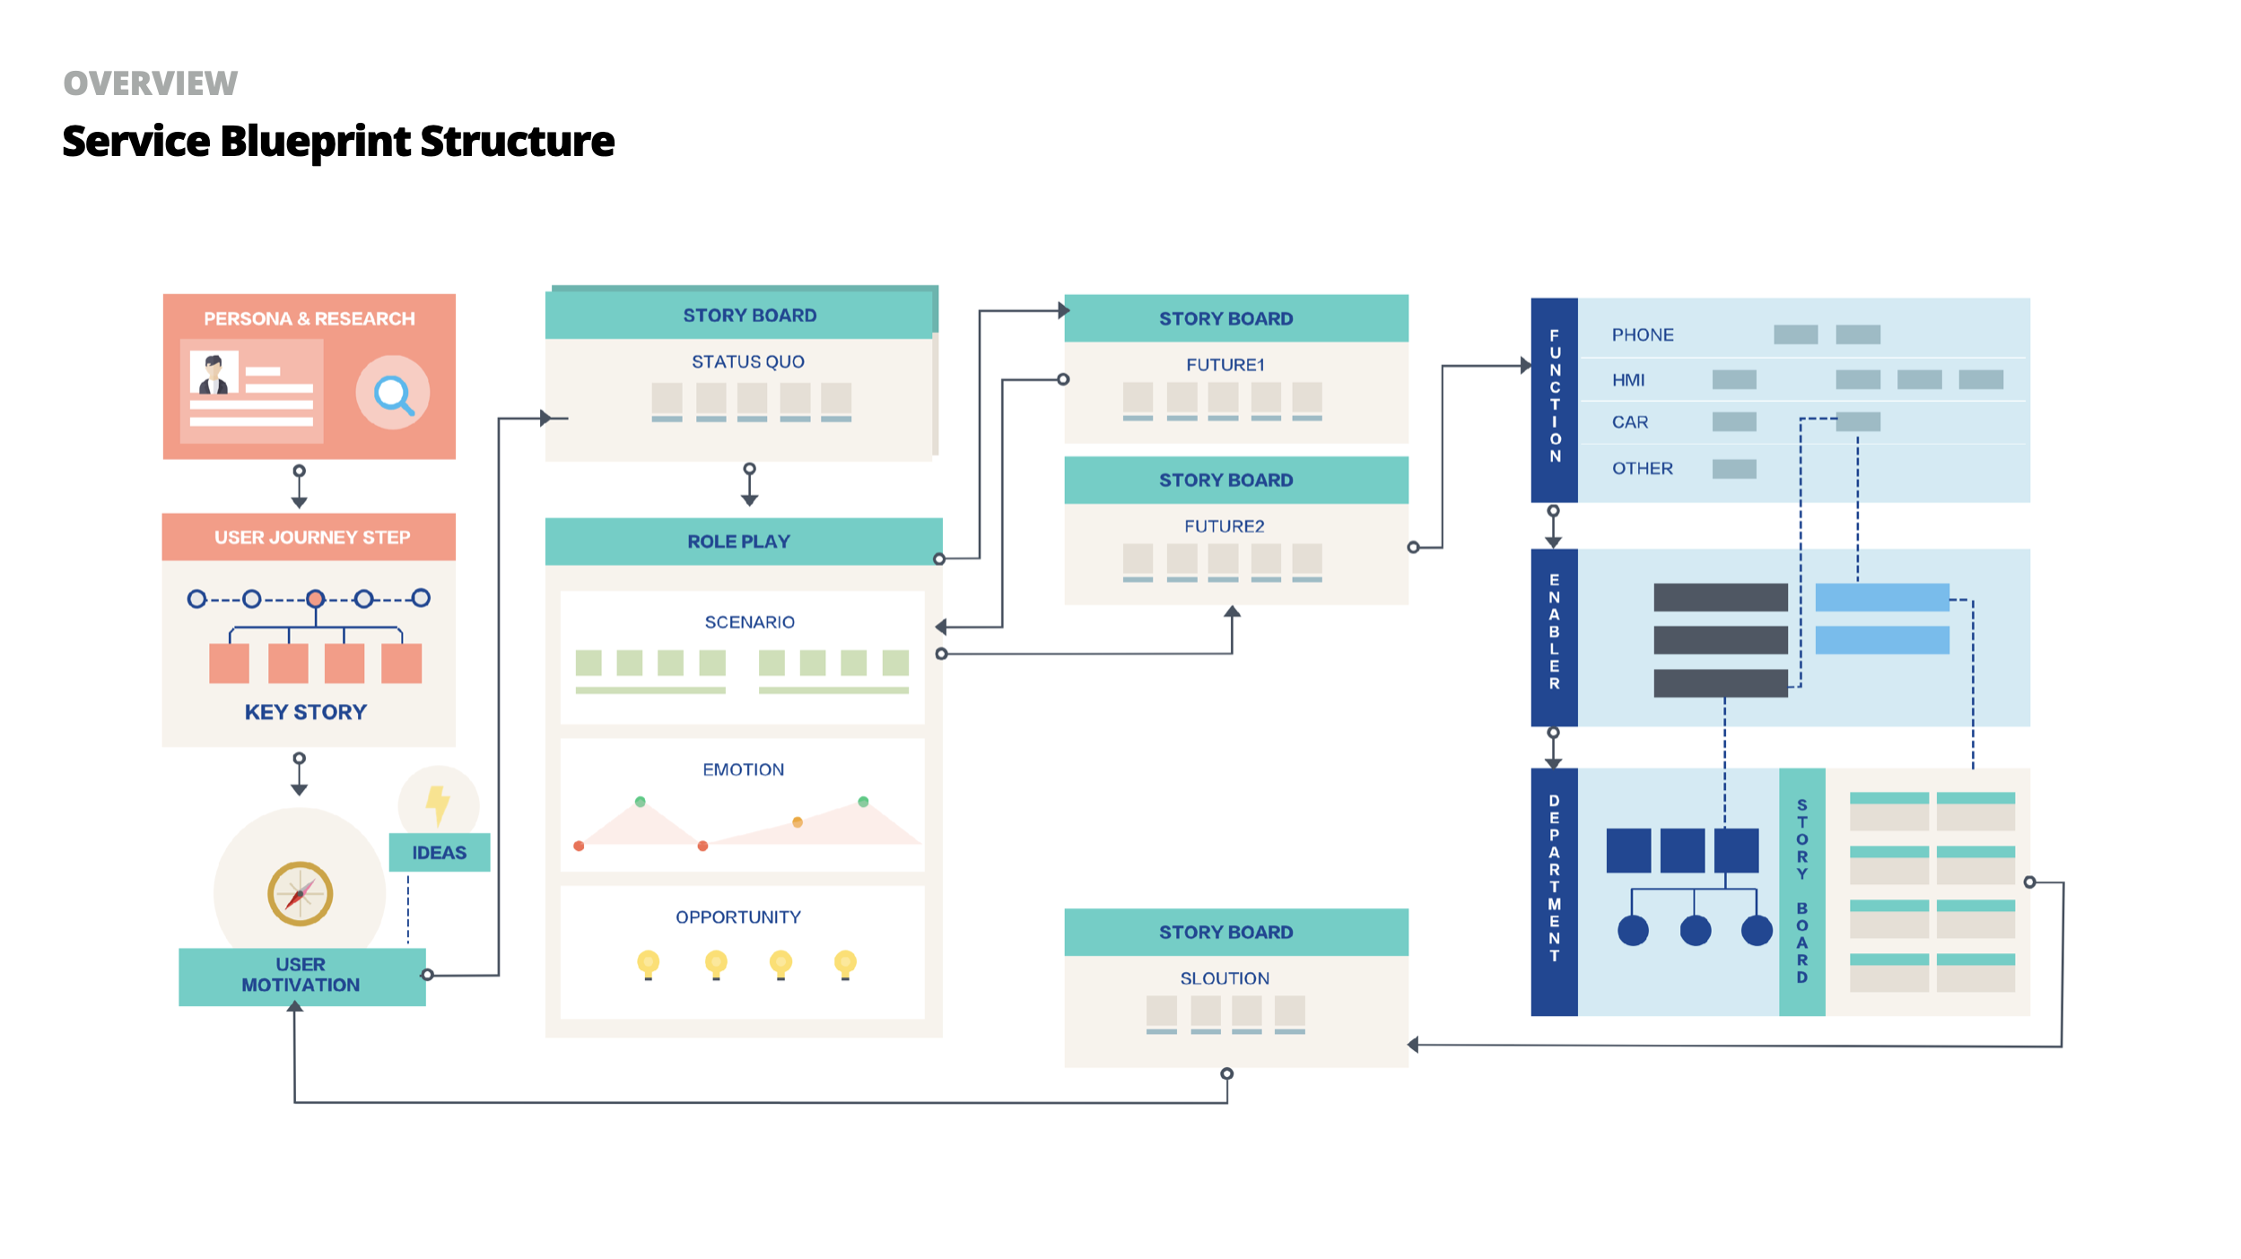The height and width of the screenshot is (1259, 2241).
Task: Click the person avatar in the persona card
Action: pos(214,374)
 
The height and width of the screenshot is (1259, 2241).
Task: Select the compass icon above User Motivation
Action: pos(301,893)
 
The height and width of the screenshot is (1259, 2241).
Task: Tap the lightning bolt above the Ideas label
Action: pos(438,804)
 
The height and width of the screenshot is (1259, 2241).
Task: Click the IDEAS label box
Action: pos(440,852)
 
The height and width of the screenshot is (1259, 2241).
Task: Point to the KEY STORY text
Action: pos(306,712)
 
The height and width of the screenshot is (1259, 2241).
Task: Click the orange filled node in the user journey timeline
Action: pos(315,598)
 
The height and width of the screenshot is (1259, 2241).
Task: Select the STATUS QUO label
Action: pos(748,361)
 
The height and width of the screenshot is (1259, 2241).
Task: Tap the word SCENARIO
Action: pos(750,622)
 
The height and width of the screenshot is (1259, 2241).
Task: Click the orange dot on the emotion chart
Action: pos(798,822)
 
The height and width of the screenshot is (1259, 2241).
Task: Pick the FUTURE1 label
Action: pos(1225,365)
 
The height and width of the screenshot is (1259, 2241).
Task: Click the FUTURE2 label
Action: pos(1225,526)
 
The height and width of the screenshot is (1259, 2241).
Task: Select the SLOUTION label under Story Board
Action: pos(1225,978)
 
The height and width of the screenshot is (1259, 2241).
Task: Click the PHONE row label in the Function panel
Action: pos(1643,334)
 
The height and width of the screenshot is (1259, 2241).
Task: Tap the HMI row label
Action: pos(1628,380)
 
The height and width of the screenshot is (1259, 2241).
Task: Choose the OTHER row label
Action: pos(1643,468)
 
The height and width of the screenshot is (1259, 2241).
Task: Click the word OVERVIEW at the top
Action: pos(151,83)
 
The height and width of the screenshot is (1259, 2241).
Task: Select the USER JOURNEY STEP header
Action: pos(312,537)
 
